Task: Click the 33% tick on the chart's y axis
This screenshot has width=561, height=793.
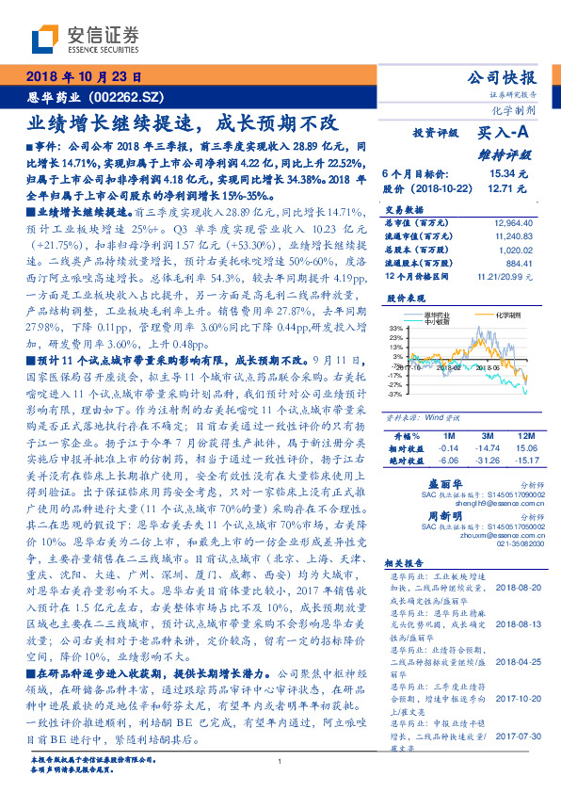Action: [x=395, y=326]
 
